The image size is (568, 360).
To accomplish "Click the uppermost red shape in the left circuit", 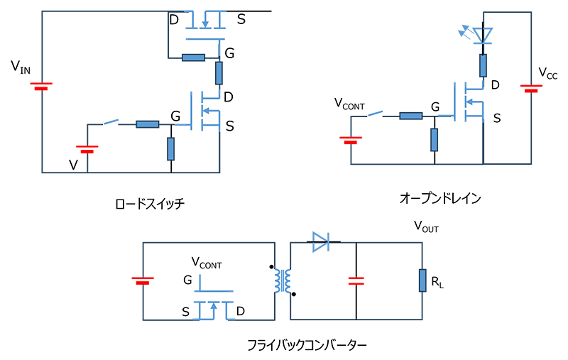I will click(x=54, y=85).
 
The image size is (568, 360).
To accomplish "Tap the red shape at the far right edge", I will click(x=529, y=87).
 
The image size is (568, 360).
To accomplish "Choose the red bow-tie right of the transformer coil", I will click(x=356, y=281).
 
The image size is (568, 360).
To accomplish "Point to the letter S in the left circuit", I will click(x=229, y=126).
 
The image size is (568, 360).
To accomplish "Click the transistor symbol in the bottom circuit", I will click(x=213, y=304).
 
